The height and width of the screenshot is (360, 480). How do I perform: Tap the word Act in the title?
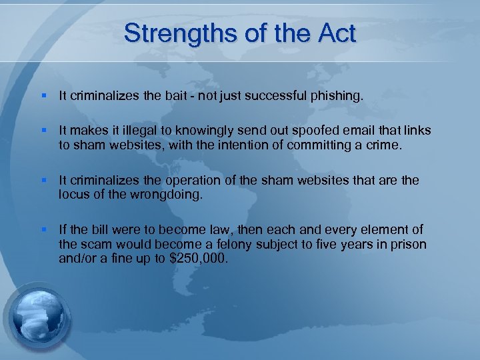tap(336, 33)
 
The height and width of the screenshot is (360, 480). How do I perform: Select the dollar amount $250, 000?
tap(199, 258)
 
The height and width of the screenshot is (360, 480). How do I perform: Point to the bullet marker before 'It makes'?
tap(43, 130)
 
